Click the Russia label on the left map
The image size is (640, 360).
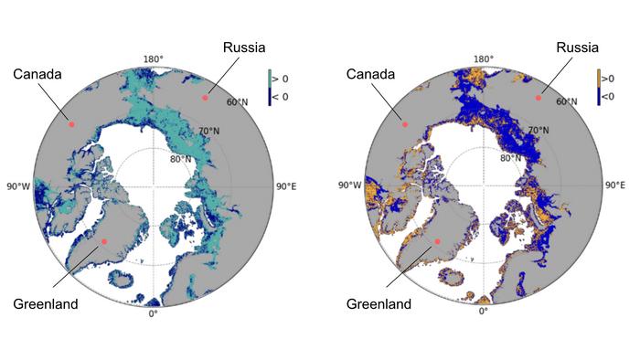[245, 48]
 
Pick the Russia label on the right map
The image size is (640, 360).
[578, 48]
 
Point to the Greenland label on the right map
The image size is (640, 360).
[377, 303]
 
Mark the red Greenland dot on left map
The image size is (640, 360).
[105, 241]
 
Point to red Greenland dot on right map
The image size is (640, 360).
[437, 241]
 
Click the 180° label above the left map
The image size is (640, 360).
[153, 59]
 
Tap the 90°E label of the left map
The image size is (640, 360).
[286, 186]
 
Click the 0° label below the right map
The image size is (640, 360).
[484, 312]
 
